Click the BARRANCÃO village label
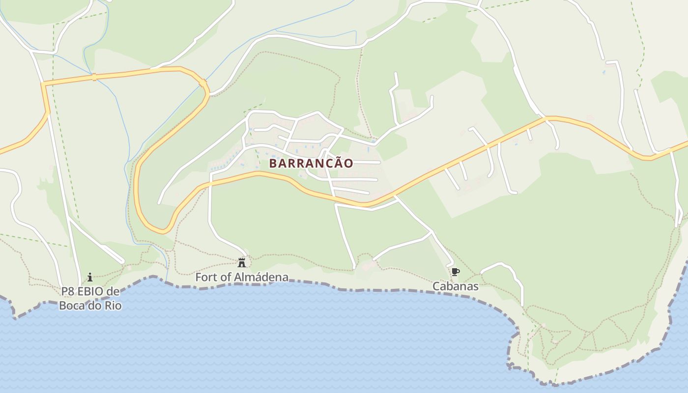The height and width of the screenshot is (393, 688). (311, 163)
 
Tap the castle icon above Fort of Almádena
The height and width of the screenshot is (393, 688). (241, 263)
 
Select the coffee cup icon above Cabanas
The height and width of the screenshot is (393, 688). (455, 272)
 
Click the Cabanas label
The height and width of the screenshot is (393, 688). (456, 286)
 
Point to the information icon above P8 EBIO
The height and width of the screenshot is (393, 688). (90, 278)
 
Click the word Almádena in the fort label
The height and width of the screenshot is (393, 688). (261, 277)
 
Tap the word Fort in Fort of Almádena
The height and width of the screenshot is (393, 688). (206, 277)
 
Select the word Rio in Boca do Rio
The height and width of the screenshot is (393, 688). (111, 305)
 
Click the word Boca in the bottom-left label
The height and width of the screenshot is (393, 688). (71, 305)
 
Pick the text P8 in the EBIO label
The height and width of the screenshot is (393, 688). (68, 292)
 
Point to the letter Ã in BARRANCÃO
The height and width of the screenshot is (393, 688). (336, 163)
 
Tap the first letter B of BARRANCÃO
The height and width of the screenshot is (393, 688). (273, 164)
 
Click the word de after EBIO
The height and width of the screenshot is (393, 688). (113, 292)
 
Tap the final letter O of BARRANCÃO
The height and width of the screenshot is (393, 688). (348, 164)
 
